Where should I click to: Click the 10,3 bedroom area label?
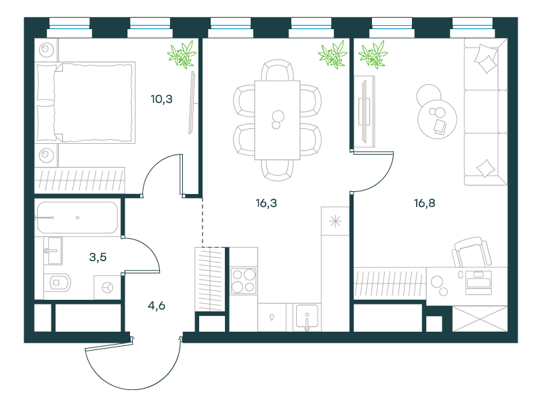(161, 99)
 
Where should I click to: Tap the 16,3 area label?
(266, 203)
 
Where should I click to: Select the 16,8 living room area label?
(425, 203)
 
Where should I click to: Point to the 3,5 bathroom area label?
(98, 257)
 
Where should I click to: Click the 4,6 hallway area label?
(157, 306)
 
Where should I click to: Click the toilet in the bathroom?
(58, 283)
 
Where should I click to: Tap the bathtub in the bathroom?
(77, 218)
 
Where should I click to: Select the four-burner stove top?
(244, 281)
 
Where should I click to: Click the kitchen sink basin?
(307, 317)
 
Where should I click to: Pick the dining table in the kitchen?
(277, 120)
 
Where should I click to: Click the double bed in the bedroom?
(85, 103)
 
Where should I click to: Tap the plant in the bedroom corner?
(182, 54)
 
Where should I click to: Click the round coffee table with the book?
(437, 119)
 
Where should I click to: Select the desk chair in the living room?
(472, 252)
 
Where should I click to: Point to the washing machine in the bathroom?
(108, 287)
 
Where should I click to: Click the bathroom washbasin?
(54, 250)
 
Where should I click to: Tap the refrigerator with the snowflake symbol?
(335, 221)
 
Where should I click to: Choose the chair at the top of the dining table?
(277, 70)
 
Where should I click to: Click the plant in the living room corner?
(373, 54)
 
